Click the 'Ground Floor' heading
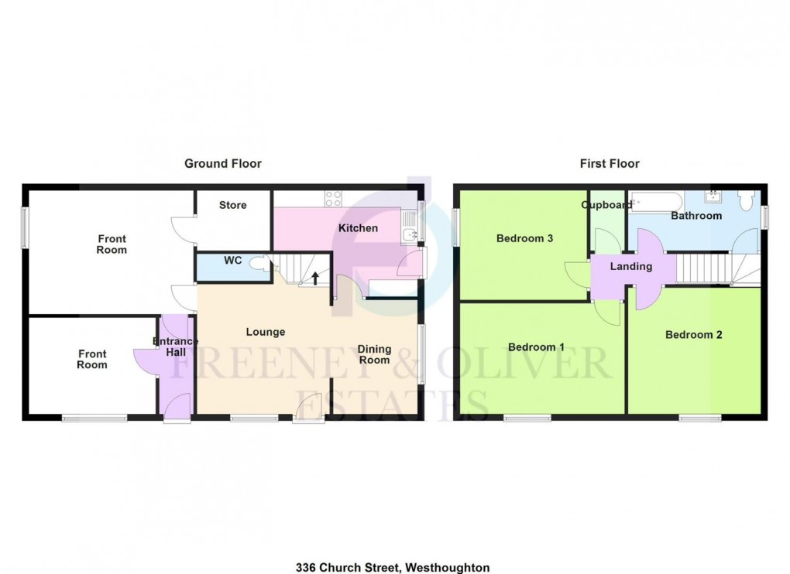[x=222, y=163]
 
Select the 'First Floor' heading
[x=610, y=163]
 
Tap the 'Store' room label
[x=232, y=205]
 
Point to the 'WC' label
[x=233, y=261]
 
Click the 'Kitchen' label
[x=358, y=228]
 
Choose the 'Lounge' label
[x=266, y=332]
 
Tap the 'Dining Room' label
[x=374, y=354]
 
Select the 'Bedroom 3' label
[x=524, y=238]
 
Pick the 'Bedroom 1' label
[x=535, y=347]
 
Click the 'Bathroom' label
[x=696, y=216]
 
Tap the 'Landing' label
[x=631, y=266]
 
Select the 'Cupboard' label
[x=606, y=205]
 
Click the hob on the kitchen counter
[x=333, y=198]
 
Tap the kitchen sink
[x=410, y=234]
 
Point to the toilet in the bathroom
[x=747, y=200]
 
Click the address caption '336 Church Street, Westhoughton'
[x=393, y=567]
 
